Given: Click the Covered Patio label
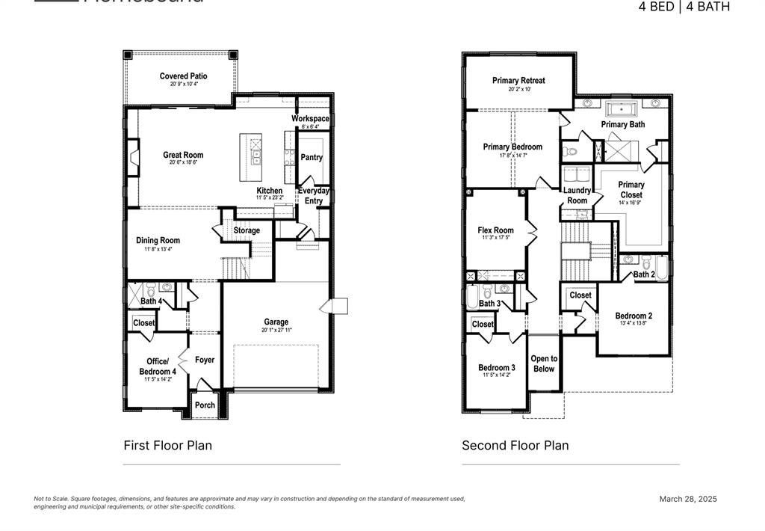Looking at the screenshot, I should [x=183, y=76].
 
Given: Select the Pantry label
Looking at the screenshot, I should [x=311, y=158].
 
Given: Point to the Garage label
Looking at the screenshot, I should [x=276, y=322].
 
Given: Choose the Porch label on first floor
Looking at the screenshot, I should [x=205, y=405].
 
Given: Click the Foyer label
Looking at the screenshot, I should [x=205, y=360].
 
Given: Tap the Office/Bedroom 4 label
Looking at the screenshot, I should [x=157, y=366].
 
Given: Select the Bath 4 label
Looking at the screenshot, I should [x=151, y=301].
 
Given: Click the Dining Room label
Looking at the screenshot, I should [x=158, y=241].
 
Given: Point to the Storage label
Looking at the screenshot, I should [x=247, y=230].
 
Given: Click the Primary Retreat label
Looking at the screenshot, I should [x=518, y=81].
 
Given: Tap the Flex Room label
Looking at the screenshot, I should [x=495, y=230].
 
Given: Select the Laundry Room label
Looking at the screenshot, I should [x=577, y=195].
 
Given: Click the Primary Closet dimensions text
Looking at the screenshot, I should [x=631, y=203].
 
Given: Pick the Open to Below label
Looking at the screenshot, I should [x=543, y=363].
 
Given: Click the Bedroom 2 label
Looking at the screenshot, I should [x=634, y=316].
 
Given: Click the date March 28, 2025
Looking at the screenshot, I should [x=687, y=499].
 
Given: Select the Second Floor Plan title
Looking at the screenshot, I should [x=515, y=446].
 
